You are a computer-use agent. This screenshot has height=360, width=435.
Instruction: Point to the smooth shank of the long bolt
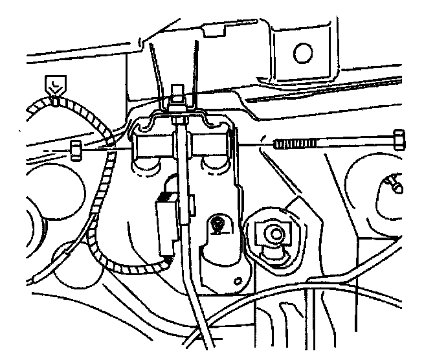356,141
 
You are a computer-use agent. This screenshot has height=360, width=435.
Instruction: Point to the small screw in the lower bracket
219,225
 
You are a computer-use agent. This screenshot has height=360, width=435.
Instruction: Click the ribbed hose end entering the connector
167,259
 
